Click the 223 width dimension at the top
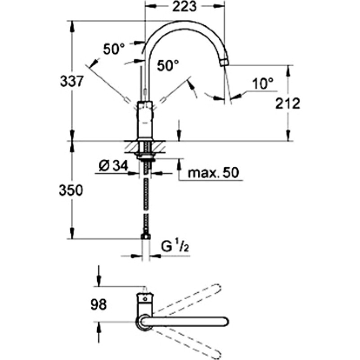(184, 6)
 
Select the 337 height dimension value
(72, 81)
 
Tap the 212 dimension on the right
(288, 103)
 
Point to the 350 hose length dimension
(71, 190)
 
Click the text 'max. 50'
(213, 172)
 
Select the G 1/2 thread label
(175, 247)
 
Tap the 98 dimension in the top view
(99, 305)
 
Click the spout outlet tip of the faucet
(224, 63)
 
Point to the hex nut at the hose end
(146, 236)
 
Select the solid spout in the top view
(184, 322)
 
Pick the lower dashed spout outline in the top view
(186, 344)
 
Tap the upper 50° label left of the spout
(114, 49)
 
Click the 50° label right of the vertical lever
(167, 65)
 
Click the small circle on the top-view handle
(144, 299)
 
